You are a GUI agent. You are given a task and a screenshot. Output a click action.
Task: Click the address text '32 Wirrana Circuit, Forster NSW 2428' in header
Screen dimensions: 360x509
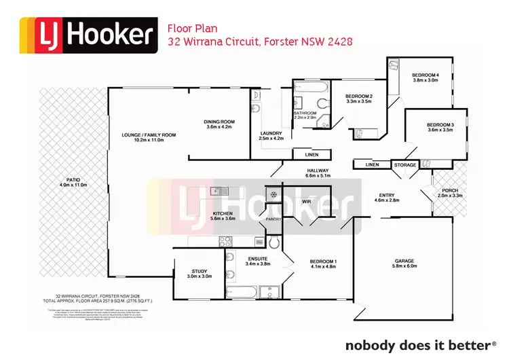260,42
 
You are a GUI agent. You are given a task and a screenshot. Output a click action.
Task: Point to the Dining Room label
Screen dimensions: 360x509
219,122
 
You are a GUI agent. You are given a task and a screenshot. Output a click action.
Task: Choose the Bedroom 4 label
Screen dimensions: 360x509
426,74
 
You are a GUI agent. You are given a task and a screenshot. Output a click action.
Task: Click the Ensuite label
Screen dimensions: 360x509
257,259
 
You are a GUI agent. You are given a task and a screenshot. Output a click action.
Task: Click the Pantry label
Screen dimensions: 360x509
274,219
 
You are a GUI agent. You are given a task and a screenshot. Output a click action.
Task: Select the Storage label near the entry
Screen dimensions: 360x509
405,164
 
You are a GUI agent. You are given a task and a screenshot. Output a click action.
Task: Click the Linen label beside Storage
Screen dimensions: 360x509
372,164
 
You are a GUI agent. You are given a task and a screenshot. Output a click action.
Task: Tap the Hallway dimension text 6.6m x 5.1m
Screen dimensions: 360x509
318,176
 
